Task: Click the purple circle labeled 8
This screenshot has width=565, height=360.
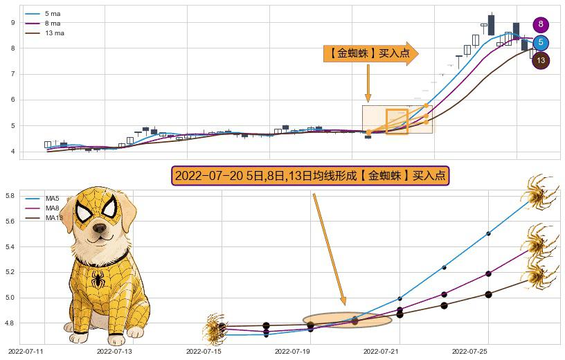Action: (x=541, y=25)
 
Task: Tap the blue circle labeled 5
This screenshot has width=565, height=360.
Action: (x=541, y=43)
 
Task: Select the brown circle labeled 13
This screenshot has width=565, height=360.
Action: (x=541, y=61)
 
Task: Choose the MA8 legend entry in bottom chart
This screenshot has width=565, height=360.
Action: (x=52, y=208)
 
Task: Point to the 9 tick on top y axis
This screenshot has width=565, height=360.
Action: (x=12, y=23)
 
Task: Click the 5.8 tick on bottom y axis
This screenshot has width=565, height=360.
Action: (x=10, y=196)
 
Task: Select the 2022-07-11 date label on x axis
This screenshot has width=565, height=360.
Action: (x=25, y=352)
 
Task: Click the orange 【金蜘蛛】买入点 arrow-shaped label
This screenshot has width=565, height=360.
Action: (x=370, y=53)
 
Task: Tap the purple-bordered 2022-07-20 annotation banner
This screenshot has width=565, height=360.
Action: (x=311, y=176)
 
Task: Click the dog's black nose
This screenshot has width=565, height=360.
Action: (x=100, y=226)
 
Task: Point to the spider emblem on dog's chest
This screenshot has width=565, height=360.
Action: (x=98, y=280)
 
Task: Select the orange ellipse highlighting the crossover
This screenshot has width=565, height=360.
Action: (x=348, y=321)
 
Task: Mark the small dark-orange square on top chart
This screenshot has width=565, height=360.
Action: (x=397, y=121)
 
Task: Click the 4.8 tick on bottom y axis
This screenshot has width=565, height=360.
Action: (x=10, y=323)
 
